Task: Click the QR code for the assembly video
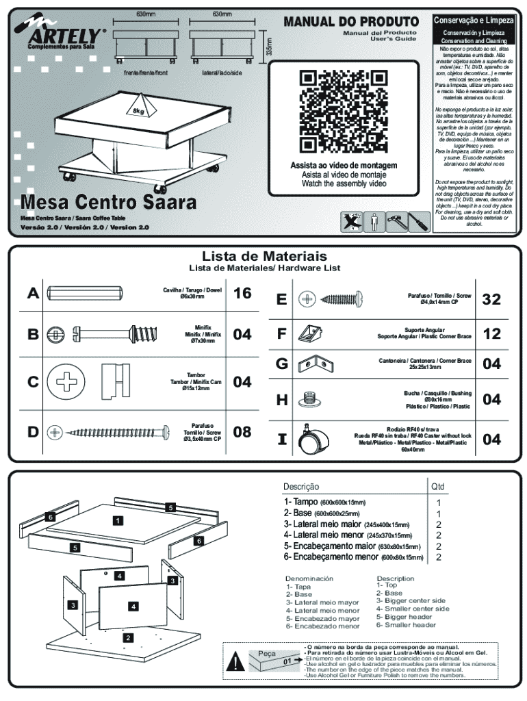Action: click(344, 111)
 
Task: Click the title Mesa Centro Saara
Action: click(108, 203)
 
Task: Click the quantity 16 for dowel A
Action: click(242, 294)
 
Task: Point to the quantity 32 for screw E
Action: click(491, 299)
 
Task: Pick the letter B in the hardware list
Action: click(33, 335)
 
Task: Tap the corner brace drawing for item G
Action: click(314, 364)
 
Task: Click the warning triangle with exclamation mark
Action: click(237, 662)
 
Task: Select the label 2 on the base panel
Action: click(127, 637)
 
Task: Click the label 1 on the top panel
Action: click(118, 520)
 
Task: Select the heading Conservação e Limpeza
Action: click(474, 20)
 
